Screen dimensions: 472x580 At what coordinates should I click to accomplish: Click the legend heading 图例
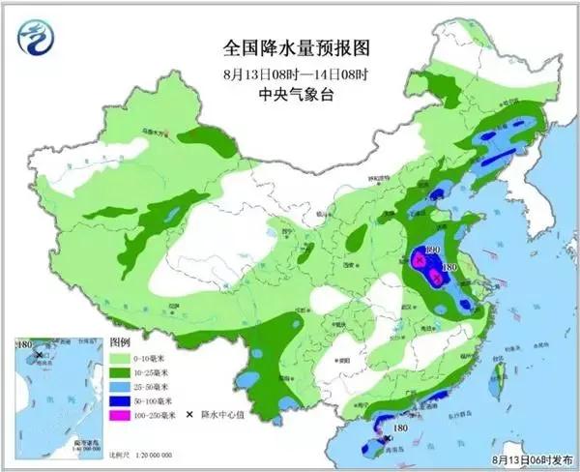[120, 342]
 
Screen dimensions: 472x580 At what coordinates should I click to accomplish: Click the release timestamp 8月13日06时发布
[530, 461]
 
